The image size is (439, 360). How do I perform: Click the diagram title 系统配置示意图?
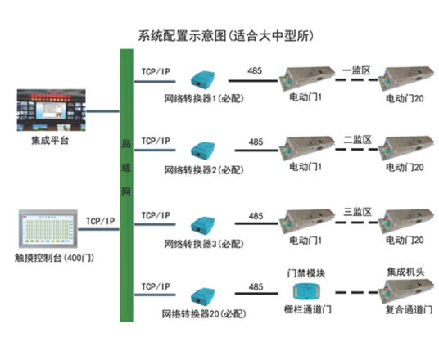click(182, 36)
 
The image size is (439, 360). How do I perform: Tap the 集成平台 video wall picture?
click(52, 110)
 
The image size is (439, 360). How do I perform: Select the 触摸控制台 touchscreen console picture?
click(48, 229)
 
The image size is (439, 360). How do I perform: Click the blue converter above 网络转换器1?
click(203, 79)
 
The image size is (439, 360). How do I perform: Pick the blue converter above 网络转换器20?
click(203, 295)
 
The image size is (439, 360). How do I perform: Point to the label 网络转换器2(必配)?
click(204, 170)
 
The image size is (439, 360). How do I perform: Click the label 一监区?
click(356, 70)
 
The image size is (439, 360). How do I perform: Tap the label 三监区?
click(358, 212)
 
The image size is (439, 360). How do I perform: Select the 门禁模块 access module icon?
click(307, 291)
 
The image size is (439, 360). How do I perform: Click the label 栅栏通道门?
click(308, 309)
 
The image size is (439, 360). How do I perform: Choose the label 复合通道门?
click(409, 309)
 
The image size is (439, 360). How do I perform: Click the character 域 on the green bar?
click(126, 168)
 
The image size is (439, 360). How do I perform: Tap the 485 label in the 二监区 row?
click(256, 142)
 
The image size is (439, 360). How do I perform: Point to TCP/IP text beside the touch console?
click(100, 221)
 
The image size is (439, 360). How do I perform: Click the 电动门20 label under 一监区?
click(405, 98)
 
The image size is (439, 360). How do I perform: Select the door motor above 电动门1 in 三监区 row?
click(307, 221)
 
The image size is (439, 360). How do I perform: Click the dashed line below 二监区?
click(357, 150)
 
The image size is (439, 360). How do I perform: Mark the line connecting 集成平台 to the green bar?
click(102, 111)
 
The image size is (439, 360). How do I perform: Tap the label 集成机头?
click(405, 272)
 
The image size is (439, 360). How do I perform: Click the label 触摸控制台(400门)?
click(54, 258)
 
